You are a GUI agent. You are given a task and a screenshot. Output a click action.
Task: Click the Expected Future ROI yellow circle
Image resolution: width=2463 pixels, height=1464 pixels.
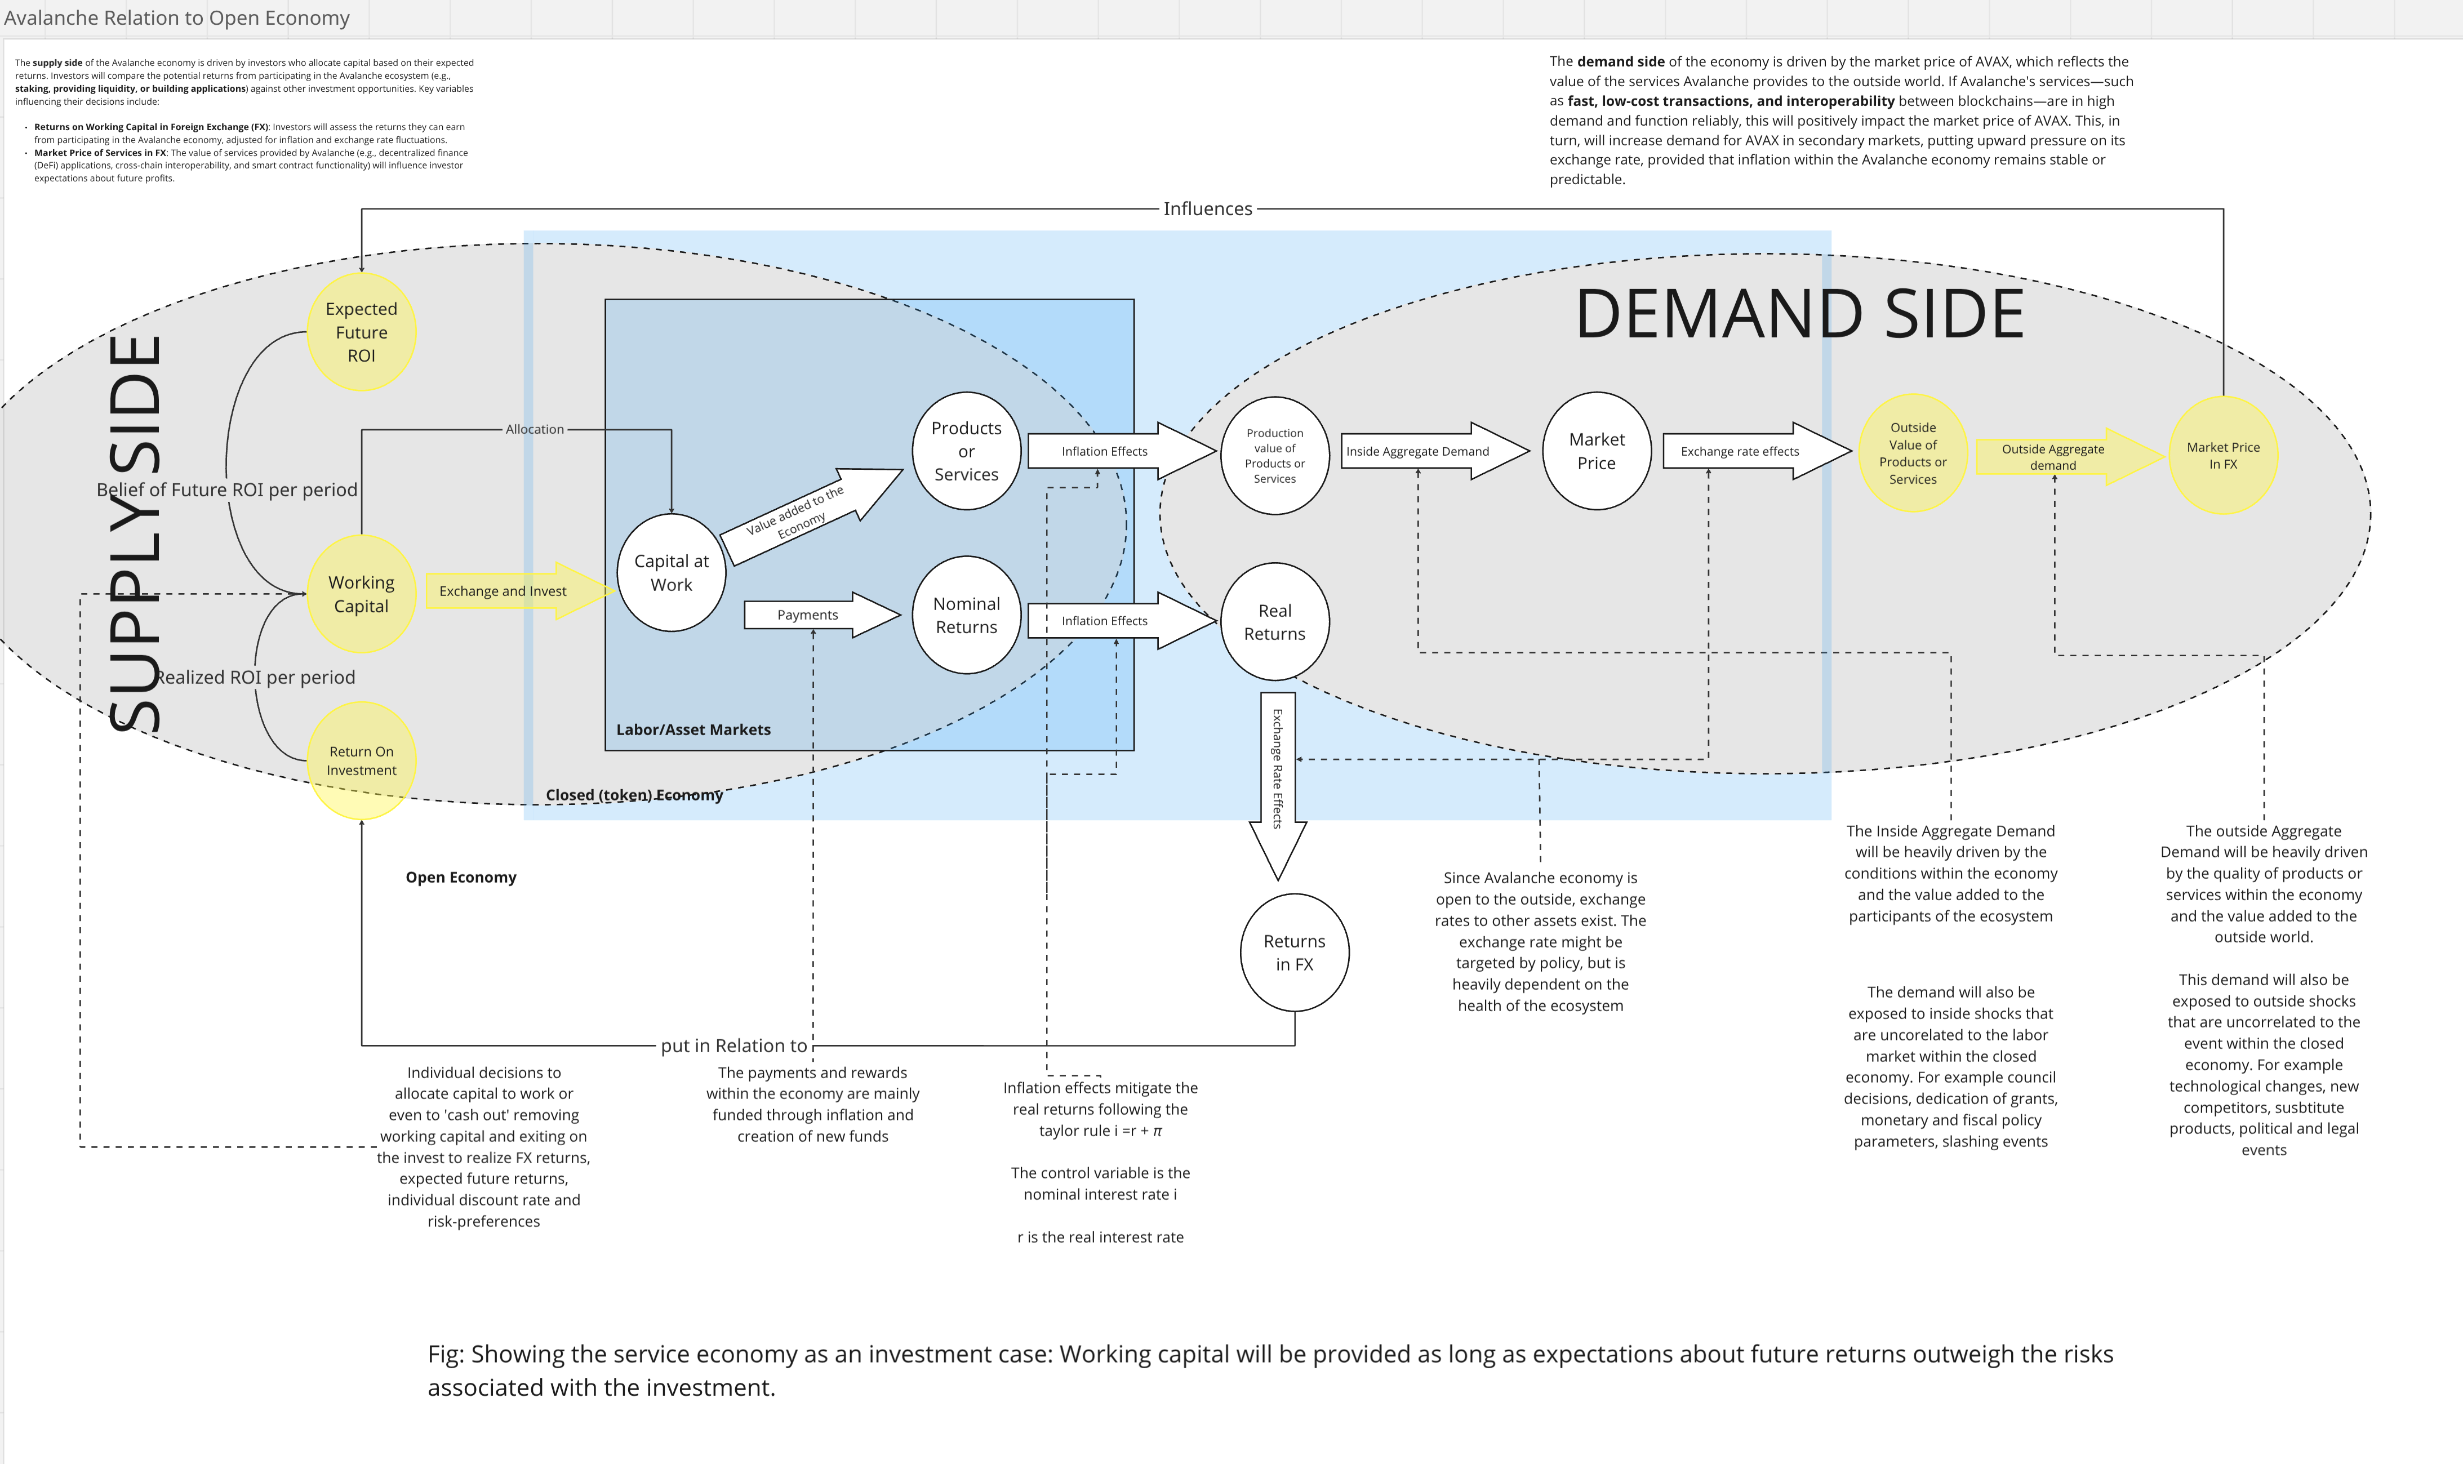tap(361, 332)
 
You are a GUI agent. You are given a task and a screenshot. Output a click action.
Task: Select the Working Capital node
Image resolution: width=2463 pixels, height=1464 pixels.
tap(361, 594)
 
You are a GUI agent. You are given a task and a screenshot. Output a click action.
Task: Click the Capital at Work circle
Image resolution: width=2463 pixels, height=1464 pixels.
tap(671, 572)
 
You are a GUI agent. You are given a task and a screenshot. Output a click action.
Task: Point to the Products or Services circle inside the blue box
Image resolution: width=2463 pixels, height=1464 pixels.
tap(966, 451)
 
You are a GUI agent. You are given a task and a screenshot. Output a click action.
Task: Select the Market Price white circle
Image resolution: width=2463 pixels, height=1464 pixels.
tap(1596, 451)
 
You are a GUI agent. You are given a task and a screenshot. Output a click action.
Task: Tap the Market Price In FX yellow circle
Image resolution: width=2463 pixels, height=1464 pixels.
tap(2222, 455)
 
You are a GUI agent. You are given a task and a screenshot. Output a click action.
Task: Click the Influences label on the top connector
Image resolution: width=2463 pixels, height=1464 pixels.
tap(1207, 208)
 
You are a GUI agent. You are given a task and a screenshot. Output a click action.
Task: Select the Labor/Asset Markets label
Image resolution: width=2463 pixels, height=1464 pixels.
tap(693, 729)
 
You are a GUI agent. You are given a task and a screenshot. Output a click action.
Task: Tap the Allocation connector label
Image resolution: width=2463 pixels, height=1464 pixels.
tap(535, 429)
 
